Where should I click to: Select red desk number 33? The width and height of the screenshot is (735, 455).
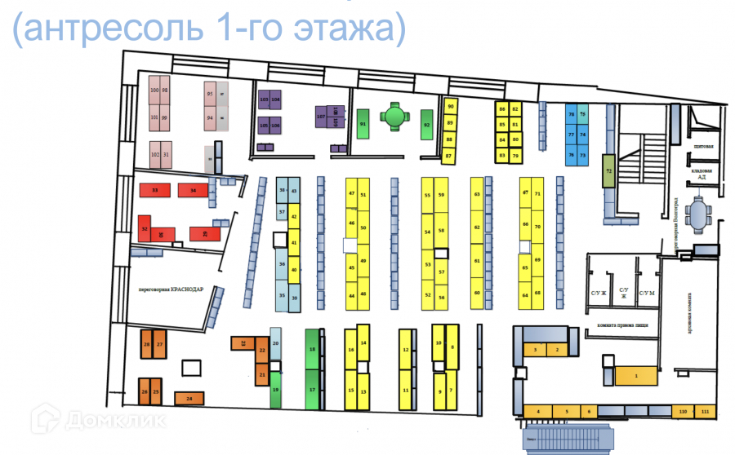(154, 190)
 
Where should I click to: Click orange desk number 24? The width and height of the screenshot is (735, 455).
(189, 399)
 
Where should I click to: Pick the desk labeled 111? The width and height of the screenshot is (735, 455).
(705, 412)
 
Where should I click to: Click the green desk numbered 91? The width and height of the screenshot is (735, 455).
(362, 124)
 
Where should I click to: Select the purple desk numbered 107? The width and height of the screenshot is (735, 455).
(321, 116)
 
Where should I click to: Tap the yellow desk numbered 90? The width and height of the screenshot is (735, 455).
(449, 107)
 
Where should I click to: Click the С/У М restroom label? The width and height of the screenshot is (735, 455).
(647, 293)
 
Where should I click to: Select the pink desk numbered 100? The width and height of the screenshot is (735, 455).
(154, 91)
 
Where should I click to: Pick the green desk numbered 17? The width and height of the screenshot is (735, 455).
(311, 391)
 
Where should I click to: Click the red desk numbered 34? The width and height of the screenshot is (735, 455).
(193, 190)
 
